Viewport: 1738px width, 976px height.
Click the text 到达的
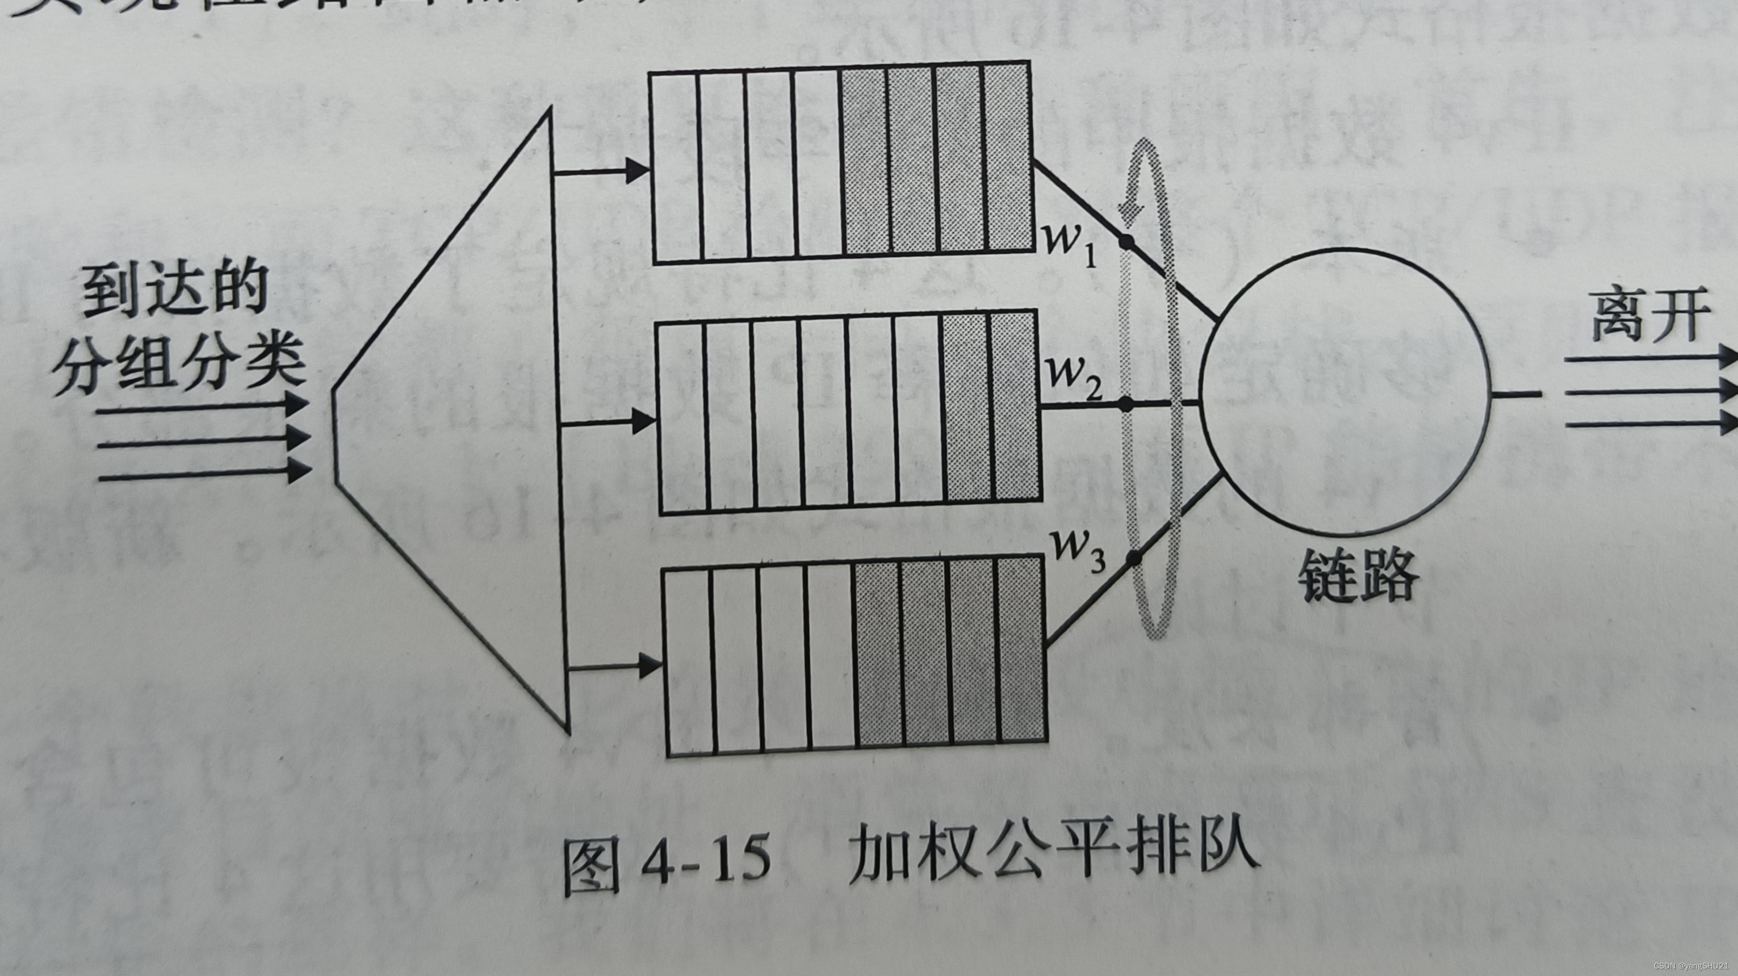click(175, 290)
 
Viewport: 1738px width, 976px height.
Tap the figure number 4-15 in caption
click(706, 860)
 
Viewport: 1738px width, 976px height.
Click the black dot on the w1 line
click(1126, 241)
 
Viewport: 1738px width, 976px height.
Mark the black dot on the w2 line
click(1126, 404)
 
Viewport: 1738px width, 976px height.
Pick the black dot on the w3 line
click(1134, 558)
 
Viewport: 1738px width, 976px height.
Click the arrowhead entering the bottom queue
click(649, 667)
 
